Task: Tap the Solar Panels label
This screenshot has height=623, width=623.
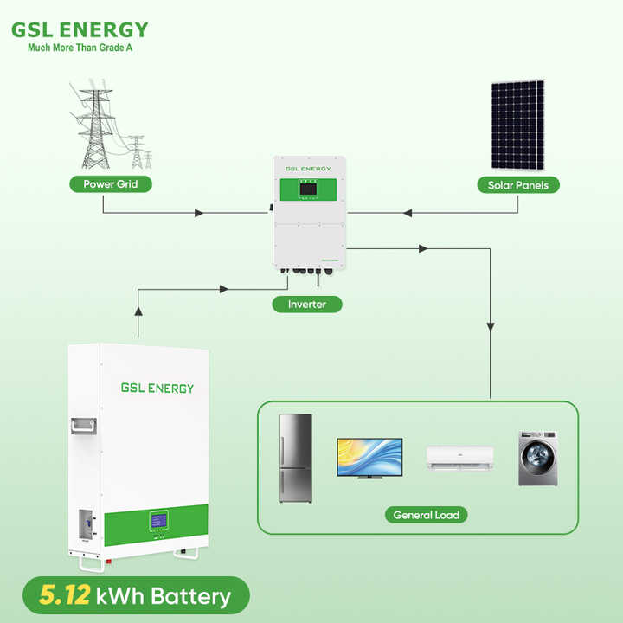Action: tap(518, 184)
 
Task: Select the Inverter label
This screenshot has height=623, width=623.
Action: tap(307, 304)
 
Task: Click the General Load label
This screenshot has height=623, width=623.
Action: tap(425, 515)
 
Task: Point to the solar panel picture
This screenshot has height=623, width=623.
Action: tap(518, 125)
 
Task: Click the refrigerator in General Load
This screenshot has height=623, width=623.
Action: tap(295, 459)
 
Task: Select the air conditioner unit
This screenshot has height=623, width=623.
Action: tap(459, 456)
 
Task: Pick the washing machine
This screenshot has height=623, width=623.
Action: tap(537, 458)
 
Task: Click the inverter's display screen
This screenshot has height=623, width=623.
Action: tap(310, 189)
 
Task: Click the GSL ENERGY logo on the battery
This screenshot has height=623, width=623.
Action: tap(157, 389)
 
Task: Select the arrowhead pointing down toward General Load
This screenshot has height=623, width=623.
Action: tap(491, 327)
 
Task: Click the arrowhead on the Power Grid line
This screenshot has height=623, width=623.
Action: tap(200, 212)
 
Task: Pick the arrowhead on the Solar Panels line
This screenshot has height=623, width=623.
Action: tap(408, 212)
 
